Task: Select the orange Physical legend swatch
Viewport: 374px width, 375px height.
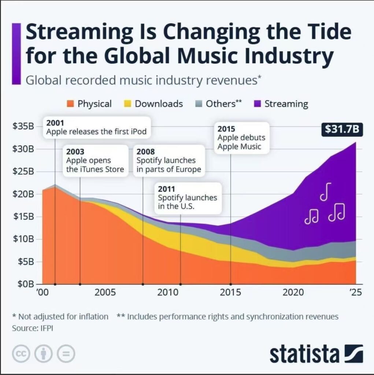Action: (x=71, y=104)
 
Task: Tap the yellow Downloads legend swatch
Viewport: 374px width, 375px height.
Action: (x=128, y=104)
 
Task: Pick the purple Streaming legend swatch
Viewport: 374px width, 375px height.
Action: (x=258, y=104)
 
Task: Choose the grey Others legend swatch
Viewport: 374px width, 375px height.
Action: (x=199, y=104)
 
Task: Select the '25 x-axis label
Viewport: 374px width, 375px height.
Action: (x=355, y=293)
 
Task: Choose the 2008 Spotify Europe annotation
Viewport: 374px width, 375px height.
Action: (x=169, y=161)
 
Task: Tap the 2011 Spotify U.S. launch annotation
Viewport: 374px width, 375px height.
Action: (x=188, y=198)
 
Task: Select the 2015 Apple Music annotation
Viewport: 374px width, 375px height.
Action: (x=241, y=138)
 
